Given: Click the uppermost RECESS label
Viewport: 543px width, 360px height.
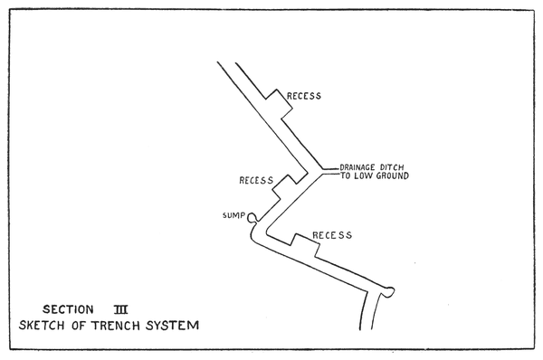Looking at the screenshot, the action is (304, 96).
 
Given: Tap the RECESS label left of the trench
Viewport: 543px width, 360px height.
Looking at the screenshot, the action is (256, 180).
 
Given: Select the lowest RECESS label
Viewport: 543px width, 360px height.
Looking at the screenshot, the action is (332, 235).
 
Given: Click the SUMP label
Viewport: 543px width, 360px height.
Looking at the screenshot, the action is (233, 215).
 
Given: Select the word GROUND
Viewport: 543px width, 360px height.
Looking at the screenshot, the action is (392, 175).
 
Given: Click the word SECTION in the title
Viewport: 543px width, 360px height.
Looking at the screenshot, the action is (68, 309).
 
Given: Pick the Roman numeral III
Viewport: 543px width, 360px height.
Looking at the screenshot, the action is (121, 309).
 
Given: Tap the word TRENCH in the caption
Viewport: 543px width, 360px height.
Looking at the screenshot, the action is (116, 326).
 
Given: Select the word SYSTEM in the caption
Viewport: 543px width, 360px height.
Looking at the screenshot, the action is (173, 326).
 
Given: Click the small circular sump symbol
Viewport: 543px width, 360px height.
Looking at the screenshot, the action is (252, 217).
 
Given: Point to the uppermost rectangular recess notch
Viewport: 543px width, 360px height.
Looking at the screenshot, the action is (280, 104).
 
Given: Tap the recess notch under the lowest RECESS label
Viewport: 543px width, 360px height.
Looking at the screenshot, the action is (305, 245).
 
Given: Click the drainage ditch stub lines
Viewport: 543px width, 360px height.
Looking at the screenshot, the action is (330, 172).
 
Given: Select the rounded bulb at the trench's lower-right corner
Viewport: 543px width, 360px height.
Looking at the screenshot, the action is (388, 292).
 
